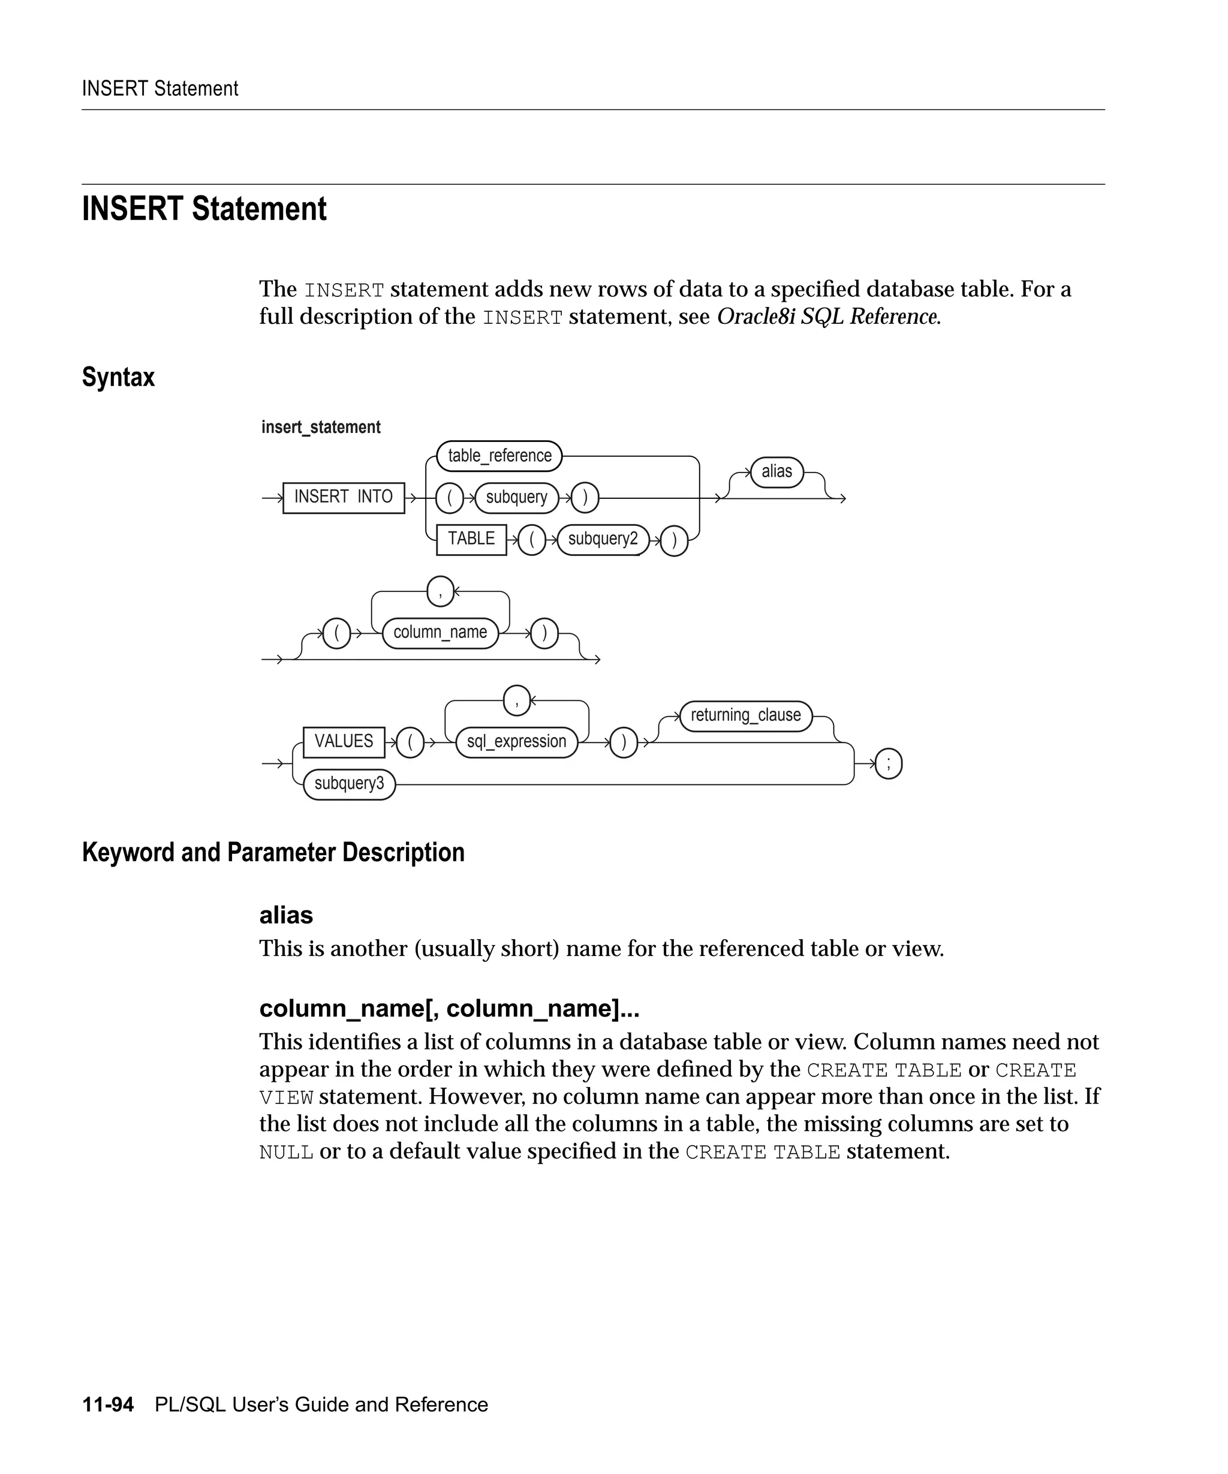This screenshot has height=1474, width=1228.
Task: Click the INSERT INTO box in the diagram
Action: (343, 498)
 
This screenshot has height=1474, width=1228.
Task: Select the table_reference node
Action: (499, 456)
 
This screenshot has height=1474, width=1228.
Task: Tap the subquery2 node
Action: (603, 539)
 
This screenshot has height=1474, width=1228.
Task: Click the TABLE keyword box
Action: (471, 539)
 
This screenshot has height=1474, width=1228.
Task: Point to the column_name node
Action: (440, 633)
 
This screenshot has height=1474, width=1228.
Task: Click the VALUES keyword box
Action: (343, 742)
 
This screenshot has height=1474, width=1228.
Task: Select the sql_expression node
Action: (516, 742)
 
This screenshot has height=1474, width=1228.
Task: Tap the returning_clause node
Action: (745, 716)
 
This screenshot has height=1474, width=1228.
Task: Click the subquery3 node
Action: (349, 783)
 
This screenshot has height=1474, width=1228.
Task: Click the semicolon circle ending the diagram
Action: (889, 763)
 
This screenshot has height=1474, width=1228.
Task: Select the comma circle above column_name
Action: (440, 591)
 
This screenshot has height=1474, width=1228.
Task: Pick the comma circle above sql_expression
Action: (516, 700)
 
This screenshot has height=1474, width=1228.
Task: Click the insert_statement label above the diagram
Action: (321, 428)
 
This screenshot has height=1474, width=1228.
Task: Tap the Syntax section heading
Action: (118, 378)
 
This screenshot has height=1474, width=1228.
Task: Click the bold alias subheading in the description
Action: (285, 915)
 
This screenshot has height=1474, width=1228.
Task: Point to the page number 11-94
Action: (108, 1404)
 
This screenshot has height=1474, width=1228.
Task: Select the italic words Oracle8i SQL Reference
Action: (828, 317)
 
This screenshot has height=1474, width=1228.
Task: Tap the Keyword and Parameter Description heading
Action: (273, 852)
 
